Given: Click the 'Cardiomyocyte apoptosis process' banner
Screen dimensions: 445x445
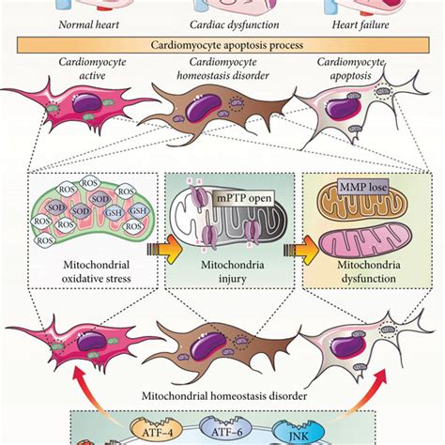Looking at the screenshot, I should coord(222,45).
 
